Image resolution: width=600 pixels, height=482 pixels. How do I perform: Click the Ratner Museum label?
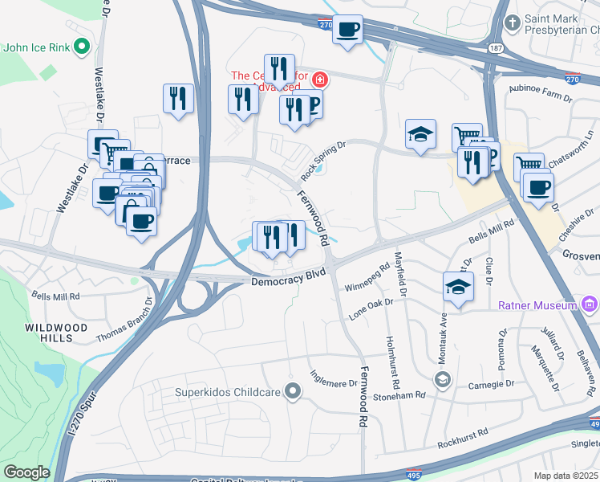tap(537, 305)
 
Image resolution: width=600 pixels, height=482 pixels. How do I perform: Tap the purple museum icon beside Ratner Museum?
tap(590, 304)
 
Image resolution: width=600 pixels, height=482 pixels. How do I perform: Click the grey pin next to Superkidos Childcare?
tap(294, 393)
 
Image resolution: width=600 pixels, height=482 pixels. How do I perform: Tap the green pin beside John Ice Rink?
tap(81, 47)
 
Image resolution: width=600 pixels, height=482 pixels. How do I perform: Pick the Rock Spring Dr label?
tap(322, 161)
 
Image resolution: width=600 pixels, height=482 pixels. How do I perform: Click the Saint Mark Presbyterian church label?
tap(561, 24)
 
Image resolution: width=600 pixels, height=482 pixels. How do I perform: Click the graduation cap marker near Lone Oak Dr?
tap(457, 287)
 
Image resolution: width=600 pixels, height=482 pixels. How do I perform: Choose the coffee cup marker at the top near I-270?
tap(347, 30)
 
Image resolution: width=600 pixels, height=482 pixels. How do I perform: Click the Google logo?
tap(26, 472)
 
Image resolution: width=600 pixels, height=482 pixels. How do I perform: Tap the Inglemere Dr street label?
tap(334, 376)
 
